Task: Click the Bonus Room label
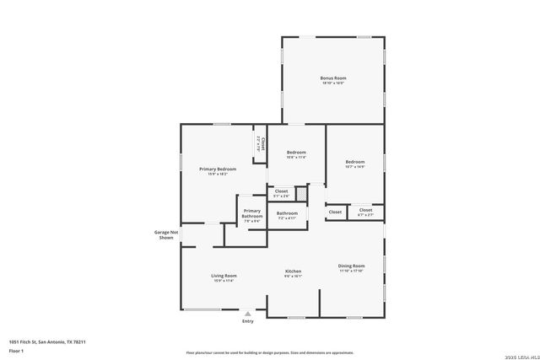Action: [x=332, y=78]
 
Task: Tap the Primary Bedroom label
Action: [x=218, y=169]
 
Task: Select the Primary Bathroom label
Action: [x=252, y=213]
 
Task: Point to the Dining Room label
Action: [x=351, y=266]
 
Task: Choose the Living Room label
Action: [x=224, y=276]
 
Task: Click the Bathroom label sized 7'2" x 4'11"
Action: [x=287, y=213]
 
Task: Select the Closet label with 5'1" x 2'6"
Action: [x=281, y=191]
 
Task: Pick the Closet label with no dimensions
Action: [x=335, y=212]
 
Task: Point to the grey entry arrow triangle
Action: [x=247, y=314]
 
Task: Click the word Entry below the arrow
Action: [x=248, y=321]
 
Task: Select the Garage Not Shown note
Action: [x=166, y=234]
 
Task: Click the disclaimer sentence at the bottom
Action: [x=269, y=352]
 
